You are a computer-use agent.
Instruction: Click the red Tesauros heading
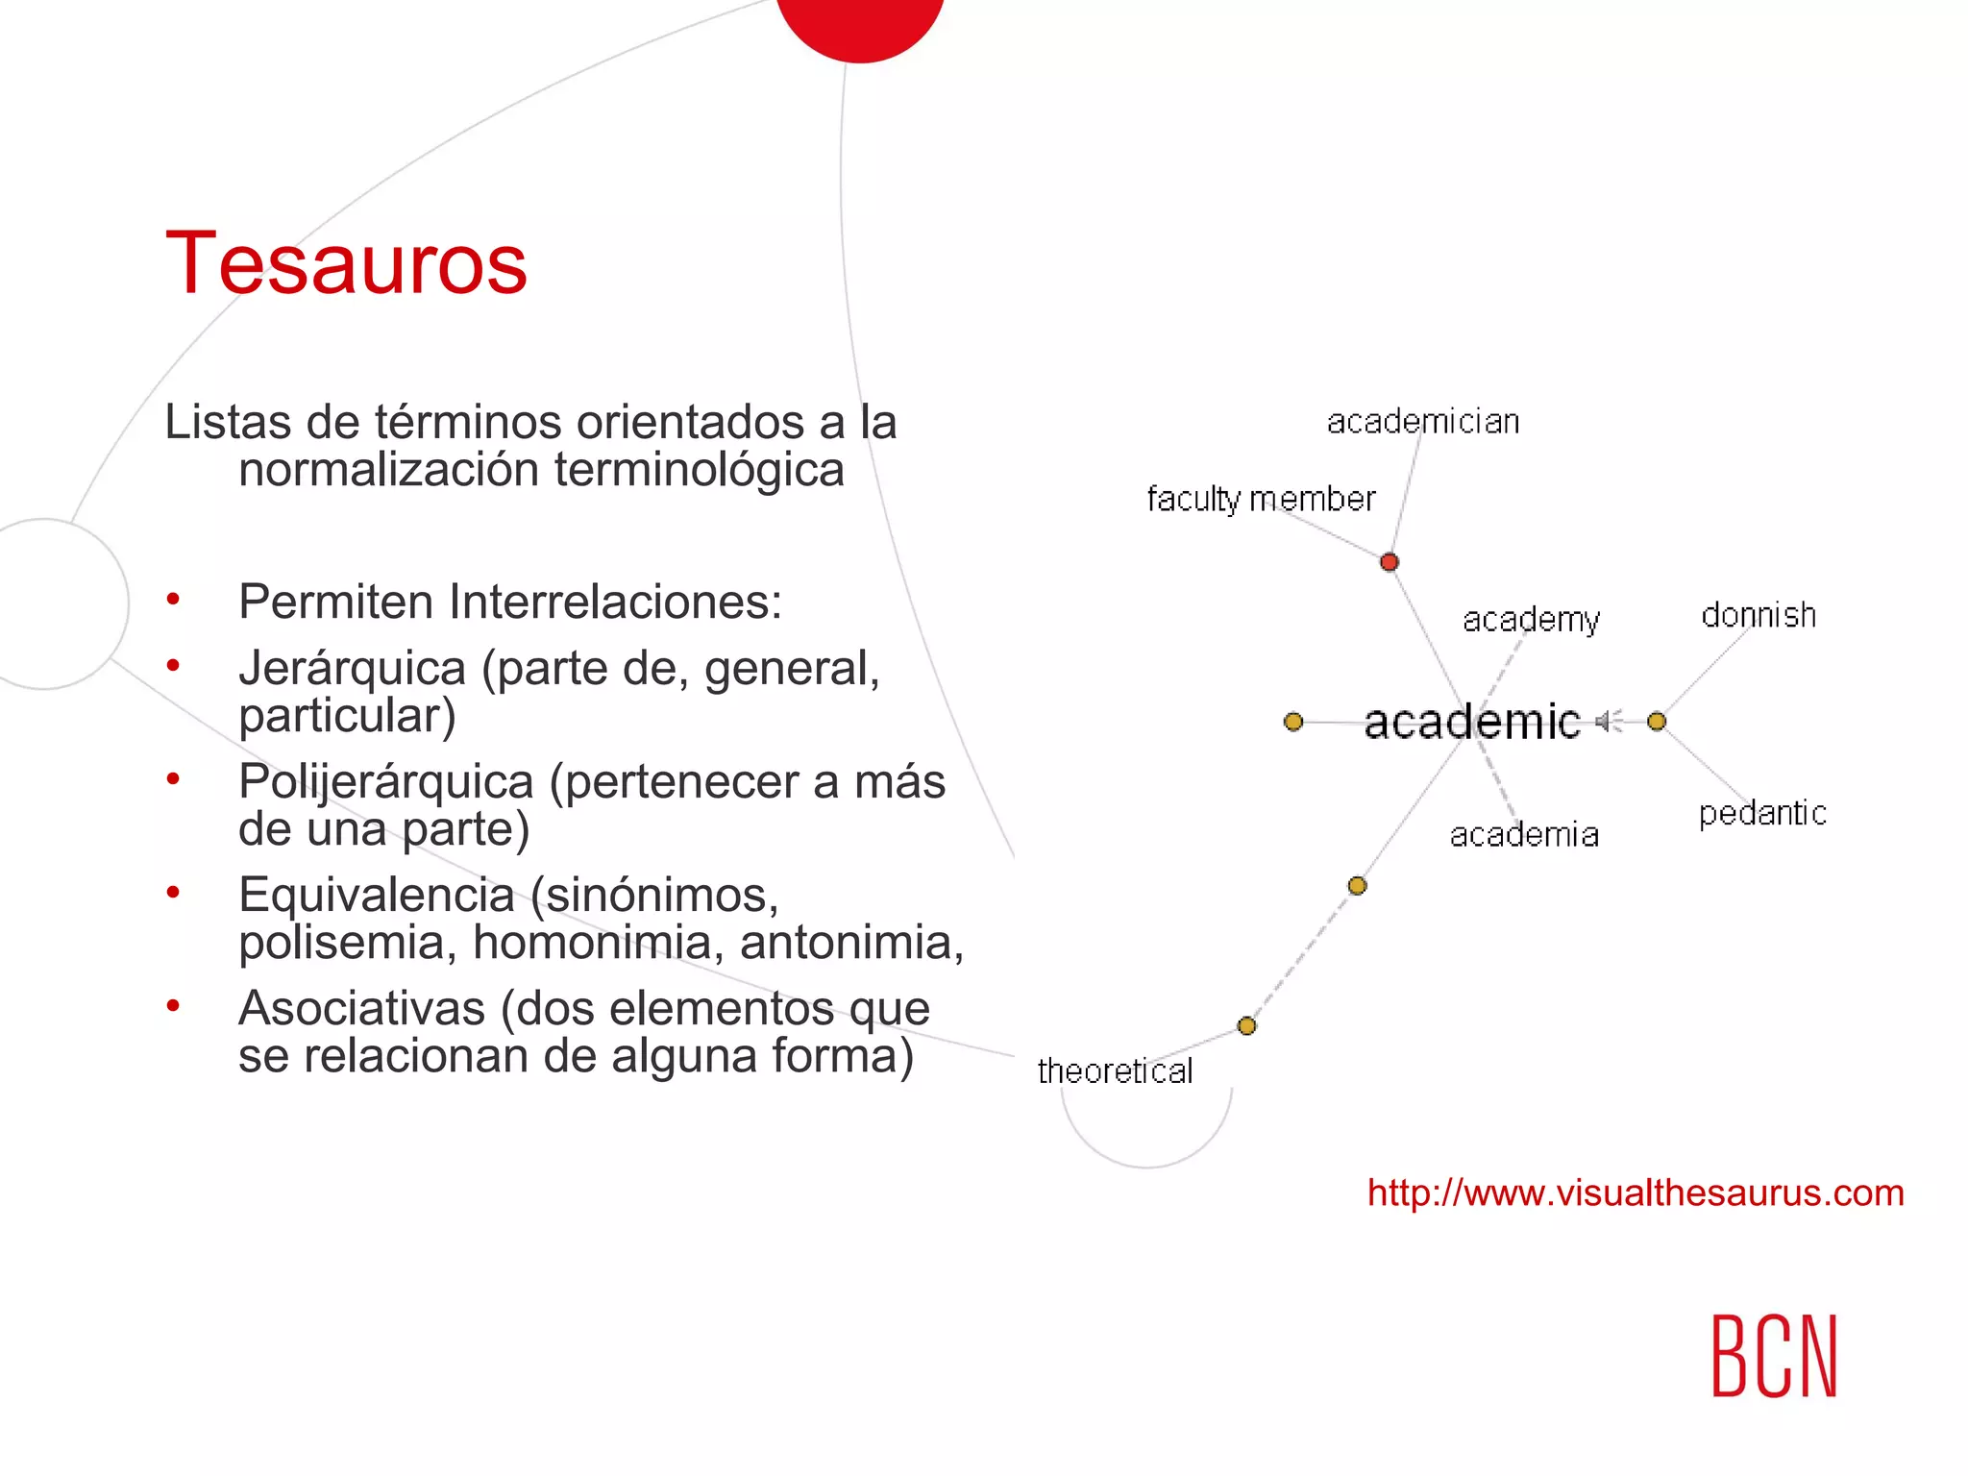click(346, 263)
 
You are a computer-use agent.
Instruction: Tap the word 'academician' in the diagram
click(1423, 422)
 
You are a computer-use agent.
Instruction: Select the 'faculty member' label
click(1261, 500)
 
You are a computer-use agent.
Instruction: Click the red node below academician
click(1390, 562)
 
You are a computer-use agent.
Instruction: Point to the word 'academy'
click(1531, 620)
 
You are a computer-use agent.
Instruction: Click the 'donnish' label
click(1759, 615)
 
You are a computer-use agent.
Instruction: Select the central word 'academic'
click(1471, 722)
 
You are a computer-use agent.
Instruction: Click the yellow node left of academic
click(1293, 722)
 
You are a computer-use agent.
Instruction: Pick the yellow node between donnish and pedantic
click(1657, 722)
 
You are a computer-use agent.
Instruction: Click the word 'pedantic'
click(1762, 814)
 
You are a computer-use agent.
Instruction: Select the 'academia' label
click(1524, 835)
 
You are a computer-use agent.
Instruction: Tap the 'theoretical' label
click(1115, 1071)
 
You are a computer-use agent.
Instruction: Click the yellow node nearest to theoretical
click(1247, 1026)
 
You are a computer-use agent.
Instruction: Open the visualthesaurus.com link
click(1636, 1193)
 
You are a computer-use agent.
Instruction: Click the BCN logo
click(1774, 1356)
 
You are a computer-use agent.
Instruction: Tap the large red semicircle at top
click(860, 24)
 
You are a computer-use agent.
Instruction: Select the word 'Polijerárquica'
click(385, 781)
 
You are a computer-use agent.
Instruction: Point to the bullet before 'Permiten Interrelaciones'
click(173, 601)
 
